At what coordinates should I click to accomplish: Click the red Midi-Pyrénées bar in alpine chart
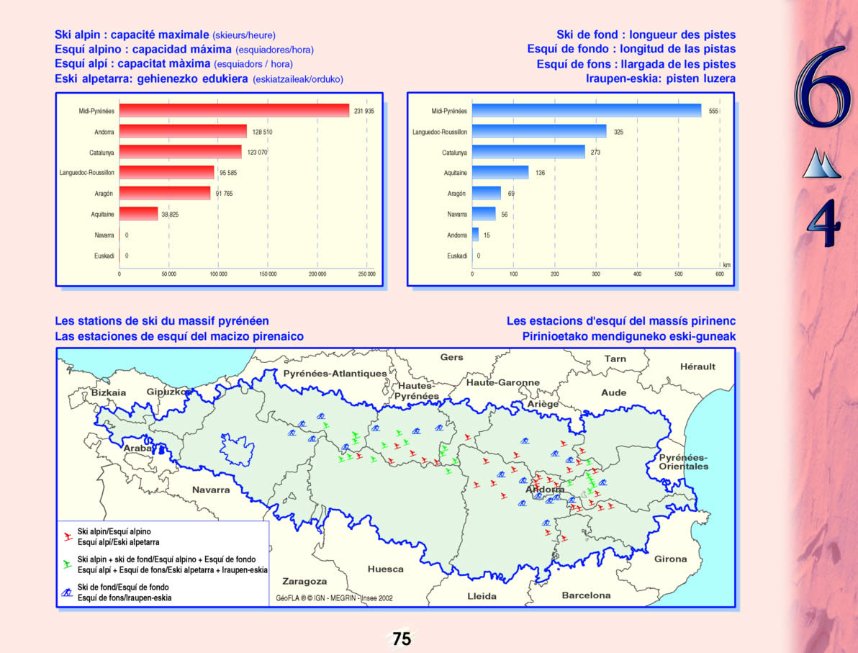point(234,111)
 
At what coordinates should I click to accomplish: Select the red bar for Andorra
point(183,132)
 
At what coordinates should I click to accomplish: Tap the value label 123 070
point(257,153)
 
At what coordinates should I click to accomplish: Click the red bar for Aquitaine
point(138,214)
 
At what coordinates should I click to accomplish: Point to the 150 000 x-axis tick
point(268,274)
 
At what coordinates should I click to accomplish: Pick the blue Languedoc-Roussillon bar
point(539,132)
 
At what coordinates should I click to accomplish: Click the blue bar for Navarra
point(484,214)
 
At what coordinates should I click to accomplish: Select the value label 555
point(713,112)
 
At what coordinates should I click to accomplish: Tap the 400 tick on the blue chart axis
point(637,274)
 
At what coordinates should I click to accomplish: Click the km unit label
point(726,265)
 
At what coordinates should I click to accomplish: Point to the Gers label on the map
point(451,357)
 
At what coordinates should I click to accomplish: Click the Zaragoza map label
point(304,581)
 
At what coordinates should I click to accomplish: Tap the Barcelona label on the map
point(586,595)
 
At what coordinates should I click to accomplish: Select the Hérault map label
point(697,366)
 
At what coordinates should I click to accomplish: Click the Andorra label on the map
point(545,490)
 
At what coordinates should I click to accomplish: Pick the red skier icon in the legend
point(66,536)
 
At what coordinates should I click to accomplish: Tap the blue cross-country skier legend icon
point(66,593)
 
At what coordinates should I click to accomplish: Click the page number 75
point(402,639)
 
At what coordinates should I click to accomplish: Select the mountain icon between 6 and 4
point(821,164)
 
